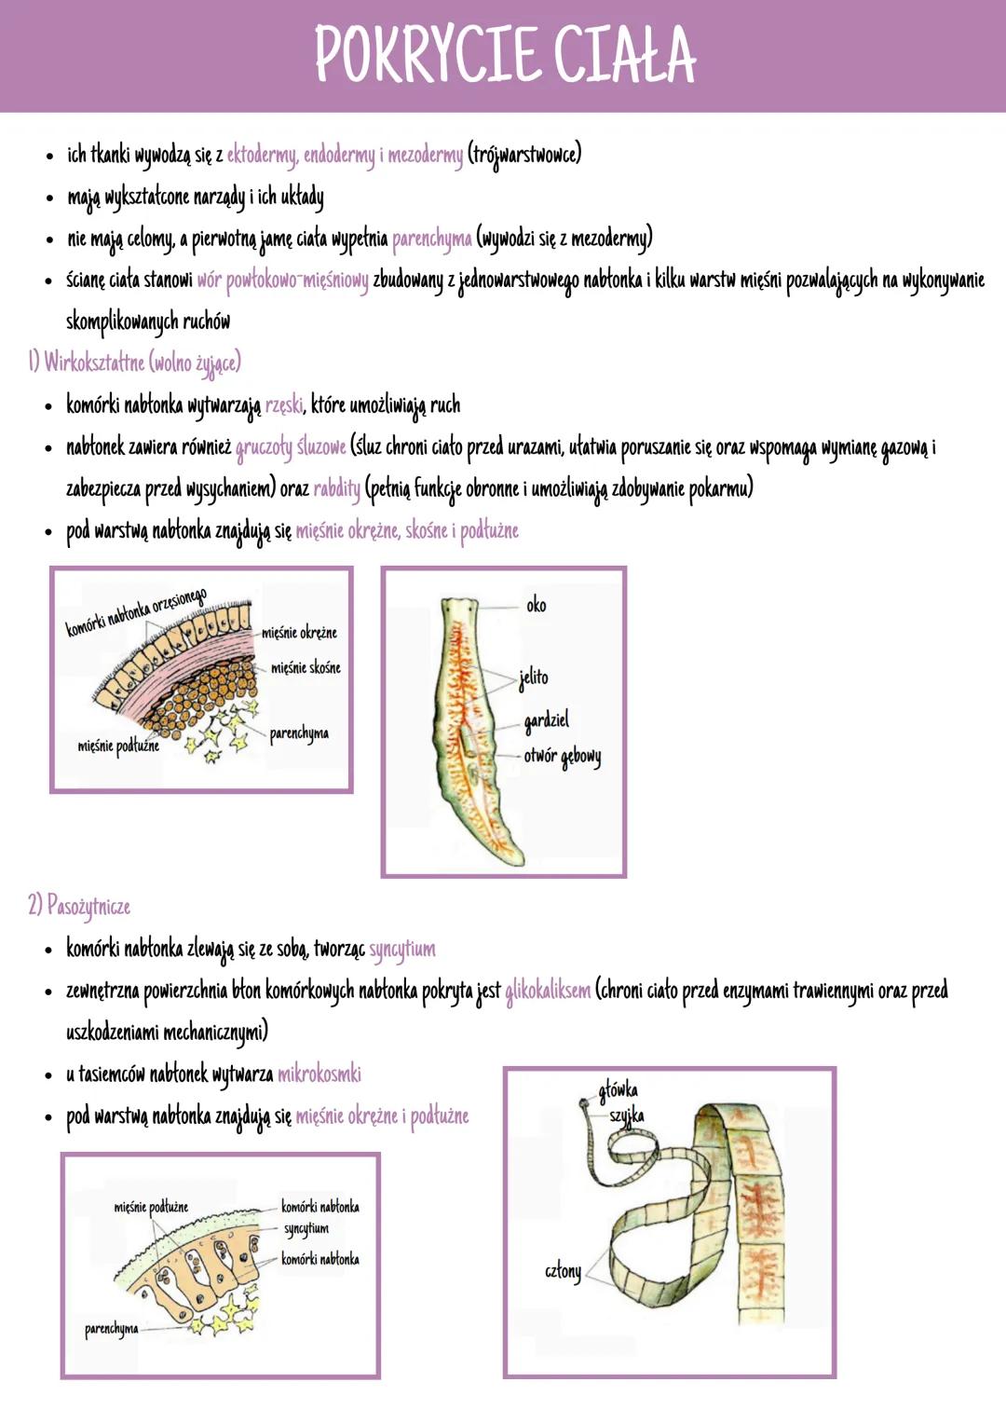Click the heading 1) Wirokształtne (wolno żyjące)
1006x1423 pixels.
click(x=135, y=363)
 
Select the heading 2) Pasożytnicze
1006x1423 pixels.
click(x=79, y=906)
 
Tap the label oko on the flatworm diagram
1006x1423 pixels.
click(x=537, y=606)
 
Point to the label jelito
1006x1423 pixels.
click(x=534, y=677)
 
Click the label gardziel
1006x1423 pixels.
click(x=546, y=720)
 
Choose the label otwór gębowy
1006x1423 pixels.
click(x=562, y=756)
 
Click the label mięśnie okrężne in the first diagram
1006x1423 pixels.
click(x=299, y=633)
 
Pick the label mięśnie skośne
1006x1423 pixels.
click(x=306, y=668)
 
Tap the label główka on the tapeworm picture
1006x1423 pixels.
click(x=619, y=1089)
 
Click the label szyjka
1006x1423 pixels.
click(x=627, y=1115)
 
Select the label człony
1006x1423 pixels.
click(x=563, y=1271)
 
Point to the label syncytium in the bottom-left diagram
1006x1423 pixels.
click(x=306, y=1228)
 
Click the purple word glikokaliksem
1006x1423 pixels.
click(x=548, y=991)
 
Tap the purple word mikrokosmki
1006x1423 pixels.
click(x=319, y=1074)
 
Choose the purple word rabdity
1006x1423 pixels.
click(x=336, y=487)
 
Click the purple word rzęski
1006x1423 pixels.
click(x=284, y=405)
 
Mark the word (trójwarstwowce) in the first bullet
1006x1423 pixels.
click(x=524, y=154)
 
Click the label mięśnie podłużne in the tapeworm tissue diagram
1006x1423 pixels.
click(x=151, y=1207)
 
